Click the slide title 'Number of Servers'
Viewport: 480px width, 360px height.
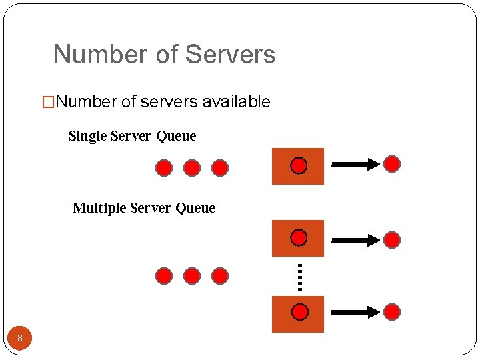[x=164, y=55]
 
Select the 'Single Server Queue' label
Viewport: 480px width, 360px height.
[x=132, y=136]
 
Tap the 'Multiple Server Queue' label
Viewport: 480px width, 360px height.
[x=143, y=208]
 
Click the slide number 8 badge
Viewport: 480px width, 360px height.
[x=20, y=339]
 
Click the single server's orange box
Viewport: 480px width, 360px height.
[x=298, y=166]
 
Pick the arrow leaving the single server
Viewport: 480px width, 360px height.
[x=355, y=165]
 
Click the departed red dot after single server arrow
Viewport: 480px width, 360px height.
[x=393, y=164]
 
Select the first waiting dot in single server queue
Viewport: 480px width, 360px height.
[x=164, y=168]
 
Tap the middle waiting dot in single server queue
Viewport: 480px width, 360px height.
[x=192, y=168]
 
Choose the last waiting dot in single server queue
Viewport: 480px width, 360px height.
[x=220, y=168]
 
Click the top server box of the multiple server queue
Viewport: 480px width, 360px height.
[x=298, y=238]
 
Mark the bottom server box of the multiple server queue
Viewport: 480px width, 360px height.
[x=298, y=313]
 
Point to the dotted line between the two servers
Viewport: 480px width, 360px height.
[x=300, y=277]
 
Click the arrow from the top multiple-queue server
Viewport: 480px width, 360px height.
[x=355, y=239]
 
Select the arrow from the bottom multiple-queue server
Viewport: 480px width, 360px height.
[x=355, y=311]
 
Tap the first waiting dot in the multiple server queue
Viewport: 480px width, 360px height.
[x=164, y=276]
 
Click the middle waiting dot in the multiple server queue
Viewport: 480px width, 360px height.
[x=192, y=276]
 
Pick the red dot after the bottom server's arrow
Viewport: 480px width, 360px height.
[x=393, y=311]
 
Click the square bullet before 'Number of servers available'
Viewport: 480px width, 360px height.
[x=48, y=103]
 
